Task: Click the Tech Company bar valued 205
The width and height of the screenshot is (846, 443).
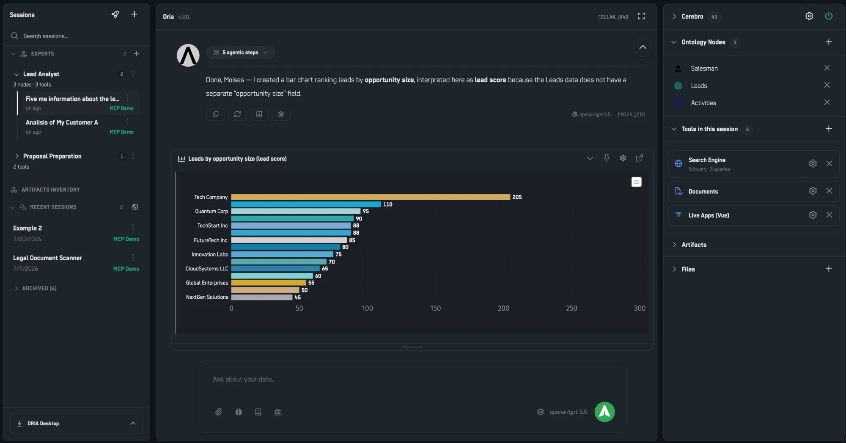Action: pos(371,197)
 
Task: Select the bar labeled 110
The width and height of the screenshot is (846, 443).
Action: pos(306,204)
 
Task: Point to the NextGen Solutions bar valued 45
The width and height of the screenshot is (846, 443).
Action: pos(262,297)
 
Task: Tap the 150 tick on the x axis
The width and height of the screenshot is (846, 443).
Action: pos(435,308)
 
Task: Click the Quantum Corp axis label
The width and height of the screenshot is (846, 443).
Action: pos(211,212)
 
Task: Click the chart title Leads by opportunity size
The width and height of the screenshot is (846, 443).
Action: pos(237,159)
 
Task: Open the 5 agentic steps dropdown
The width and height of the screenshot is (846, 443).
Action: pos(240,52)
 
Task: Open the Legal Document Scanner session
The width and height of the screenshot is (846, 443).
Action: pos(47,258)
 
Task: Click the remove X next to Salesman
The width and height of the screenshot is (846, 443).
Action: pos(827,68)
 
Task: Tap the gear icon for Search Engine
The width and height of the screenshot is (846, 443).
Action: pos(813,163)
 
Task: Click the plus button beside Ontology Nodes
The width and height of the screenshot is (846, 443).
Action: pos(829,42)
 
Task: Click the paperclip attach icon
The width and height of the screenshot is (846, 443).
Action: pos(218,412)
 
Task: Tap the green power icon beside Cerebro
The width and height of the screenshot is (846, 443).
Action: pos(829,16)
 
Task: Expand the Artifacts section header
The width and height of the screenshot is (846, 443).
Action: pos(694,245)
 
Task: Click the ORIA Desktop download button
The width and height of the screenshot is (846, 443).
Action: pos(76,424)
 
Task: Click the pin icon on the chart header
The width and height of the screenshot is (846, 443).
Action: pos(607,158)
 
